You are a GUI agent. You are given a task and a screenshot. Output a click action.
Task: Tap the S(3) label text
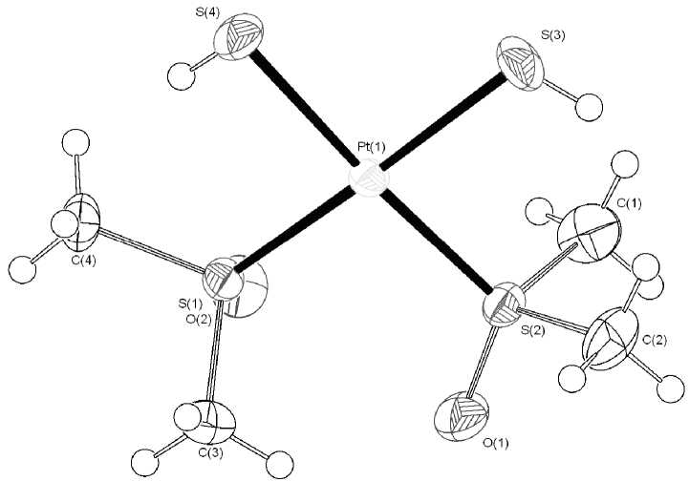click(552, 34)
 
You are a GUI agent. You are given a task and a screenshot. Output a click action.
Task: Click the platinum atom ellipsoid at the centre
click(369, 181)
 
